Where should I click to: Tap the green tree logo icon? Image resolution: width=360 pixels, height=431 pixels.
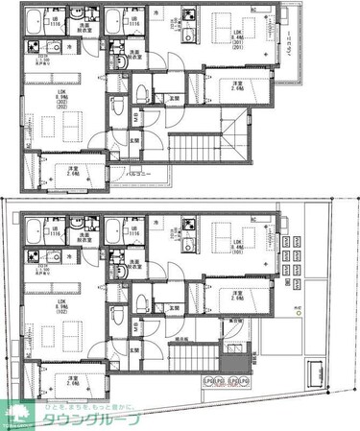15,414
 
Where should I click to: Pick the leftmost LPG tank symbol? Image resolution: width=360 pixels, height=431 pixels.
207,382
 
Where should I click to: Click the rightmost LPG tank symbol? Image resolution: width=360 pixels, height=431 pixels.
247,382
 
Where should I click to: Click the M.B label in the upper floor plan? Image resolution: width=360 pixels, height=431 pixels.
135,117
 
